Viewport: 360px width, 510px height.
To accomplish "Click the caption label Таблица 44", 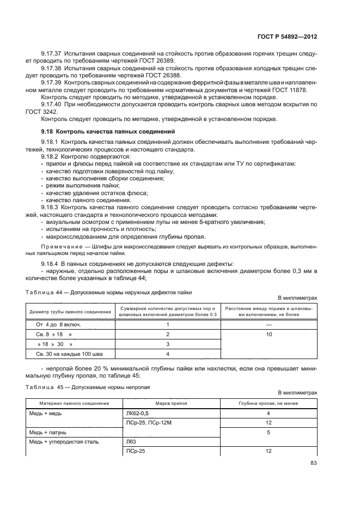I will (38, 292).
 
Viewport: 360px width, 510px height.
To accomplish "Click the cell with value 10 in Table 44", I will (269, 334).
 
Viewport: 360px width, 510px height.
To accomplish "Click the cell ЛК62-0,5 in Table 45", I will (138, 413).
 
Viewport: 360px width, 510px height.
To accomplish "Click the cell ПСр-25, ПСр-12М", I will (148, 422).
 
